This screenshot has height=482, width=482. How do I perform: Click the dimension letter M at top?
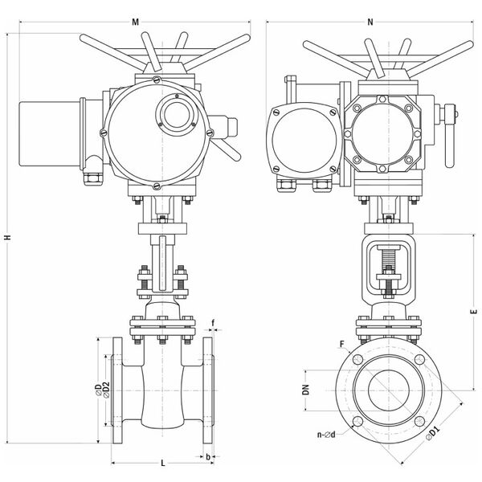pyautogui.click(x=135, y=22)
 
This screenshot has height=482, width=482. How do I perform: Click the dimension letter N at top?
pyautogui.click(x=370, y=22)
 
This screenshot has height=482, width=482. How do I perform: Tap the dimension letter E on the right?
pyautogui.click(x=473, y=311)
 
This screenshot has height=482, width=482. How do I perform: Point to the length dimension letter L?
pyautogui.click(x=163, y=463)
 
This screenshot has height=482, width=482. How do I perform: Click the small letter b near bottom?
pyautogui.click(x=208, y=457)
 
